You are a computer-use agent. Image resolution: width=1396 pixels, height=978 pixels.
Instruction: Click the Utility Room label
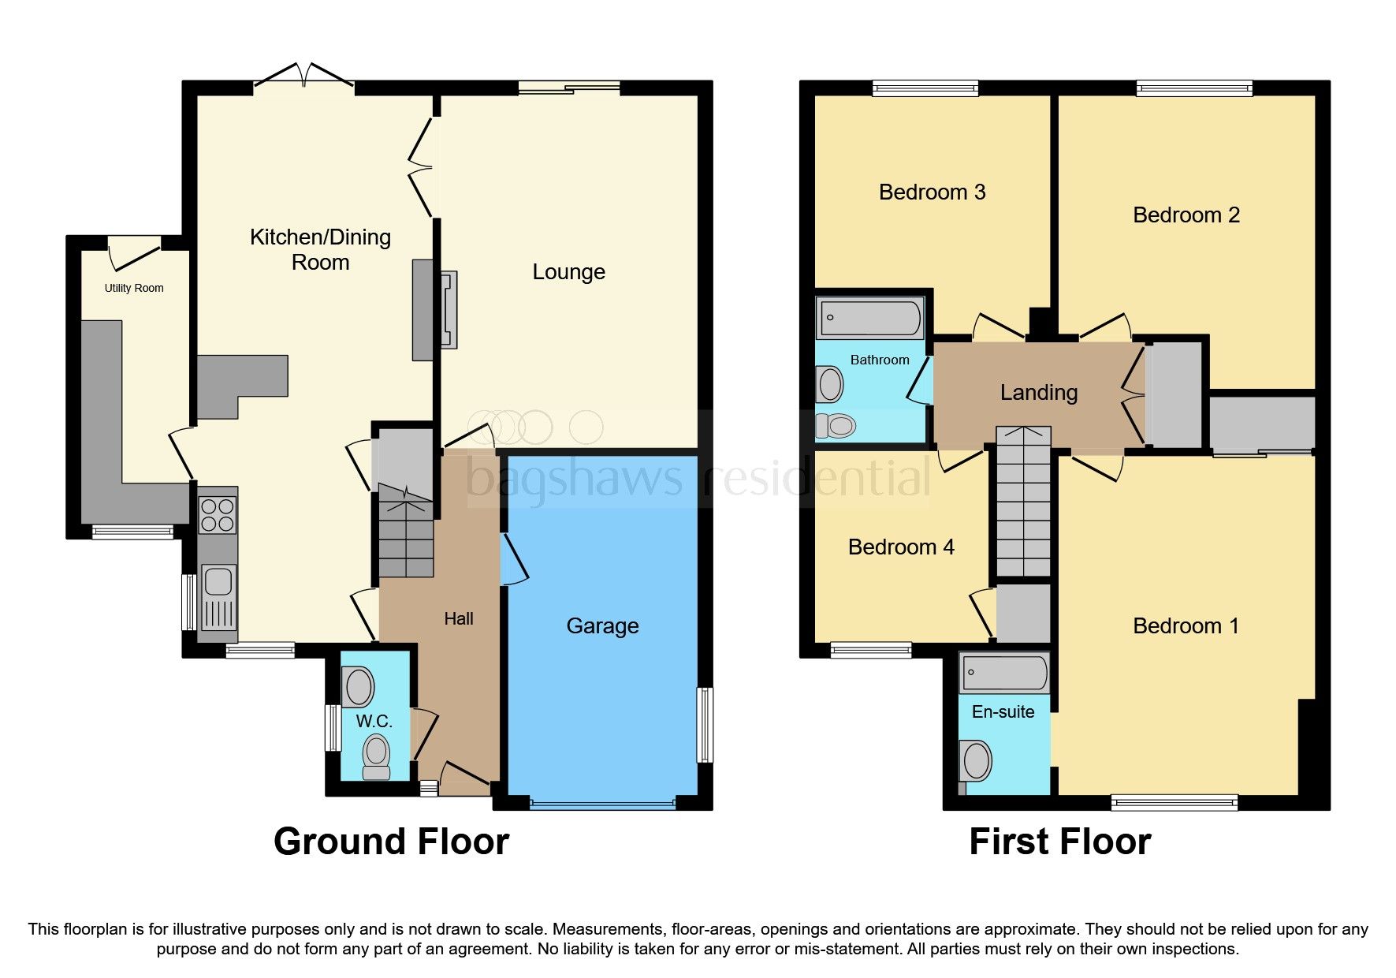(134, 288)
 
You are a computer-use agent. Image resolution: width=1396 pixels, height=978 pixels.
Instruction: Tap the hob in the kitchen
(218, 514)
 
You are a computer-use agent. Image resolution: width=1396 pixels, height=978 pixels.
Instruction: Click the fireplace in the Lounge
(448, 309)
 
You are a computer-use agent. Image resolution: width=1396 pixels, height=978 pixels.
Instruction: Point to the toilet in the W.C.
(376, 756)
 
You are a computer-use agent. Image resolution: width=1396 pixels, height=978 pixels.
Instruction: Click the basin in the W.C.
(359, 686)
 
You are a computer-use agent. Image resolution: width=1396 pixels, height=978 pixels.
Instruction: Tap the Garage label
(602, 626)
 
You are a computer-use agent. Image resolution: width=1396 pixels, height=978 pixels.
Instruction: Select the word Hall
(458, 619)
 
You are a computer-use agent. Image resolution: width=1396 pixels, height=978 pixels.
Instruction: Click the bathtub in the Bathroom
(870, 318)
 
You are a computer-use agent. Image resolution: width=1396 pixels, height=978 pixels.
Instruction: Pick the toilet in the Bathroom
(836, 426)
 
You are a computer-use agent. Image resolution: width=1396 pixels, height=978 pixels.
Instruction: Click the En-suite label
(1003, 712)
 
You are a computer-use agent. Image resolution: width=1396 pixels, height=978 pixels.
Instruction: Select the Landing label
(1038, 393)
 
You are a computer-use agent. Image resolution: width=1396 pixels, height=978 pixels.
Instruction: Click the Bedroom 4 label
(900, 547)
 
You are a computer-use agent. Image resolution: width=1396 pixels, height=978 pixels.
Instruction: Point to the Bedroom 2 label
(1186, 215)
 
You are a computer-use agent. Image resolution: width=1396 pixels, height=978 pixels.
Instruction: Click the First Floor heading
(1059, 842)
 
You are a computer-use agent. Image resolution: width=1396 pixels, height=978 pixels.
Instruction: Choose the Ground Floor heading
(391, 842)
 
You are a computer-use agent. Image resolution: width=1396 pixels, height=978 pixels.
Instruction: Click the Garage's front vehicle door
(602, 804)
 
